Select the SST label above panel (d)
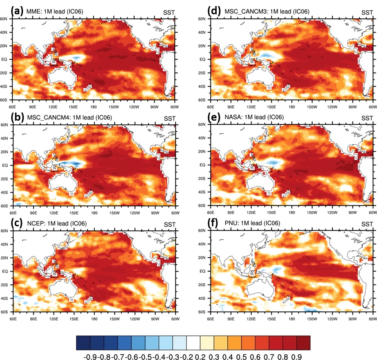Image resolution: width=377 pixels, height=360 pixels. click(x=367, y=12)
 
